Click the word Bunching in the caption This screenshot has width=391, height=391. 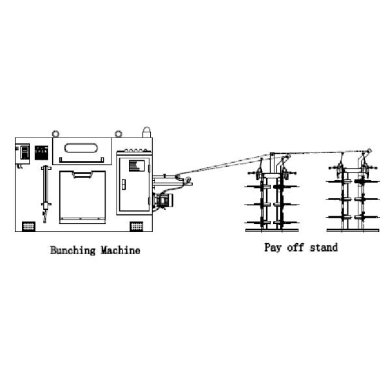click(x=73, y=250)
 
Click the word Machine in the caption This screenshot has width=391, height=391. click(x=121, y=250)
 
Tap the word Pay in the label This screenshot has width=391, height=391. click(x=272, y=248)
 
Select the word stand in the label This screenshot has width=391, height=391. click(x=325, y=248)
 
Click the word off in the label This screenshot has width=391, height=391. click(x=296, y=248)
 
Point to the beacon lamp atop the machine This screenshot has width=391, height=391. click(x=147, y=132)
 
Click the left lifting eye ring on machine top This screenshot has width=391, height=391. click(x=57, y=134)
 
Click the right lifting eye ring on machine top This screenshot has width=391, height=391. click(x=119, y=134)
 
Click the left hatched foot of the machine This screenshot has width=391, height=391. click(x=28, y=225)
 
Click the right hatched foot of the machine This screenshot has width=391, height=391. click(x=136, y=225)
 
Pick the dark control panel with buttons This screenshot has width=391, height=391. click(x=42, y=153)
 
